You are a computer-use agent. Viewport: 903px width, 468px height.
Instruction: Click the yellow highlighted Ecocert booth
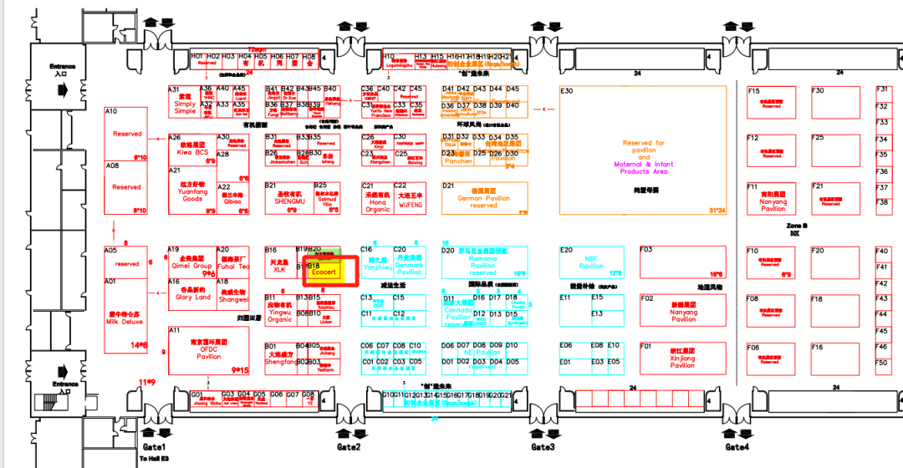click(323, 272)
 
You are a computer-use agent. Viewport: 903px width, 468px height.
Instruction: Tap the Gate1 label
click(154, 447)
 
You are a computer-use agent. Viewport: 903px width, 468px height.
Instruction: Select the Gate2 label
click(349, 447)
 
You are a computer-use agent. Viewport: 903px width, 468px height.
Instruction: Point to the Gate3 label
click(543, 447)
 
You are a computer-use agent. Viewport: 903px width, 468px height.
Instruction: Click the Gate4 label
click(737, 447)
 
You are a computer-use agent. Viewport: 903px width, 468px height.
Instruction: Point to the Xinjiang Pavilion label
click(682, 361)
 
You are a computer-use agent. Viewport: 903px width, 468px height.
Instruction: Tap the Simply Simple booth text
click(185, 107)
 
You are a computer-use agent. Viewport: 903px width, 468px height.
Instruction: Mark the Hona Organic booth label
click(378, 205)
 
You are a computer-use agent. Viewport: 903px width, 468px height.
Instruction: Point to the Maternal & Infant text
click(643, 165)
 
